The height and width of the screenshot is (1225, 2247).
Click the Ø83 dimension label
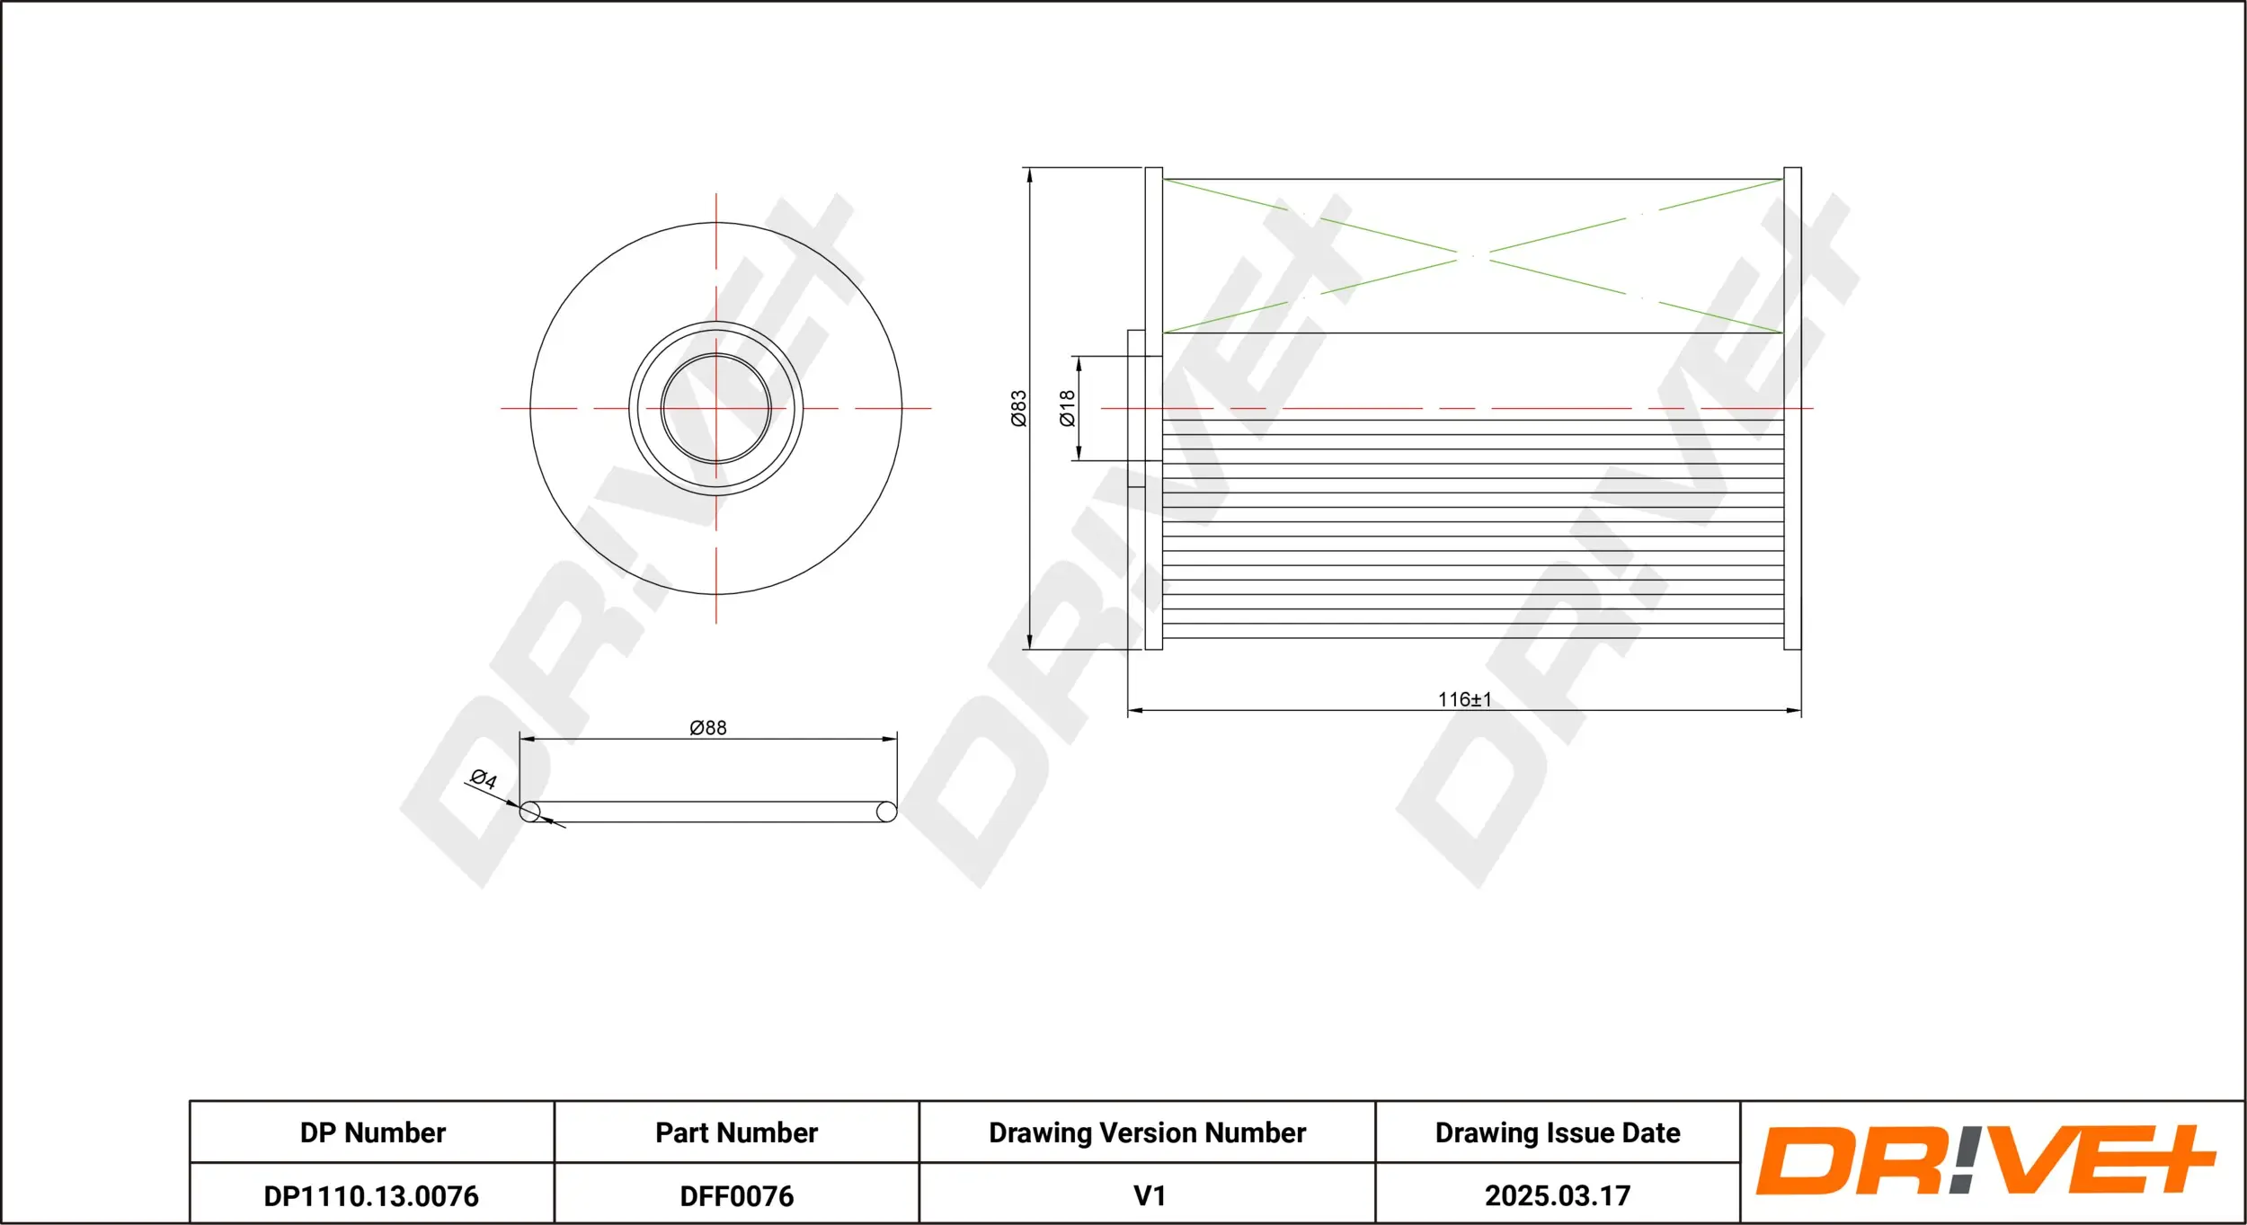tap(1018, 408)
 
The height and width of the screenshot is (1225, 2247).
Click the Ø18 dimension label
tap(1067, 408)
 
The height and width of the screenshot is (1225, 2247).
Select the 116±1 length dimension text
tap(1464, 699)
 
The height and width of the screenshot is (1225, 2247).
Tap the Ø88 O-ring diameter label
tap(708, 728)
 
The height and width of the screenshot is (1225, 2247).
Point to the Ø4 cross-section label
tap(484, 779)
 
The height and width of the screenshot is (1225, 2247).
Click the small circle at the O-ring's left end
tap(530, 812)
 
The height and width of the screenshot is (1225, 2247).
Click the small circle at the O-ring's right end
tap(886, 812)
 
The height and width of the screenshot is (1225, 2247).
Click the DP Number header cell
tap(372, 1132)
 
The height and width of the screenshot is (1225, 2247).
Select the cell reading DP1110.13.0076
tap(371, 1195)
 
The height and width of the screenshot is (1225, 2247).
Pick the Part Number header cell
tap(736, 1132)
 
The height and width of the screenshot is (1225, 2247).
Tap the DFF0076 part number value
tap(736, 1195)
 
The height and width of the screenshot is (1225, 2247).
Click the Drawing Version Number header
tap(1147, 1132)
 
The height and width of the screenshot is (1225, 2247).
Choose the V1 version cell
tap(1149, 1195)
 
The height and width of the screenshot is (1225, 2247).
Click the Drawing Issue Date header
tap(1557, 1132)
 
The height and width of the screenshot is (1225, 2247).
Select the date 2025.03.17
tap(1557, 1195)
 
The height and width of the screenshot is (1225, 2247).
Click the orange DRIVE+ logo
tap(1985, 1160)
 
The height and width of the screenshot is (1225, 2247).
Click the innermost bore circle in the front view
tap(716, 408)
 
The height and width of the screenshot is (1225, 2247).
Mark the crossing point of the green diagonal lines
tap(1472, 256)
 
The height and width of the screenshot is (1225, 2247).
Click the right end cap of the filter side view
tap(1792, 408)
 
